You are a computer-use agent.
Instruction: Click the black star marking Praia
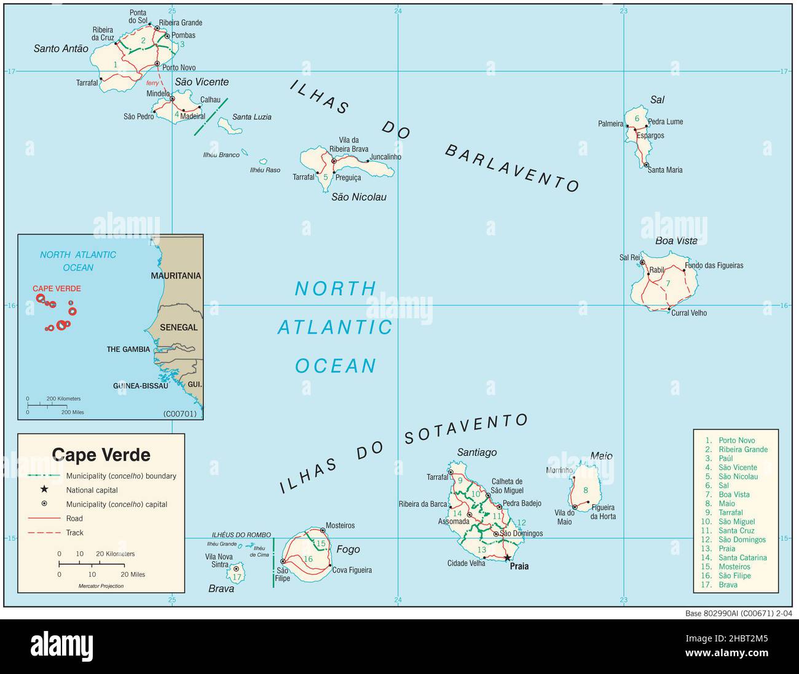pyautogui.click(x=507, y=558)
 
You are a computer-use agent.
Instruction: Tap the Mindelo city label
pyautogui.click(x=158, y=94)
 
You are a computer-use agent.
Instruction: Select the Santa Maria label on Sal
pyautogui.click(x=665, y=170)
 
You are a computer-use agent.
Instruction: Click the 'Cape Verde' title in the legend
pyautogui.click(x=101, y=455)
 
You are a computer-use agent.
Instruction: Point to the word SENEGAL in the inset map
pyautogui.click(x=179, y=327)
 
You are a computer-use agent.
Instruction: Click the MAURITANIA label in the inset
pyautogui.click(x=176, y=276)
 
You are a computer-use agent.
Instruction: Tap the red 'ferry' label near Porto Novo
pyautogui.click(x=152, y=83)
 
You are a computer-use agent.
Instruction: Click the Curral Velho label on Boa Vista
pyautogui.click(x=689, y=313)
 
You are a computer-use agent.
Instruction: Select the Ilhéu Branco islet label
pyautogui.click(x=221, y=155)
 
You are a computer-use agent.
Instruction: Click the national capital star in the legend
pyautogui.click(x=44, y=490)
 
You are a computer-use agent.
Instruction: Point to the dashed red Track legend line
pyautogui.click(x=44, y=533)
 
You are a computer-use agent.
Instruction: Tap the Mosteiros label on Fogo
pyautogui.click(x=340, y=526)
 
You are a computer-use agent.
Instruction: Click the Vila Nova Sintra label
pyautogui.click(x=217, y=560)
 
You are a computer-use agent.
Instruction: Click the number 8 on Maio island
pyautogui.click(x=586, y=490)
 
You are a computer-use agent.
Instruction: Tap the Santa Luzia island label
pyautogui.click(x=252, y=117)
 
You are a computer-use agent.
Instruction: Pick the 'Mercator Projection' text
pyautogui.click(x=101, y=586)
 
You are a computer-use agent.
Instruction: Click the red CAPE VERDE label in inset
pyautogui.click(x=57, y=289)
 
